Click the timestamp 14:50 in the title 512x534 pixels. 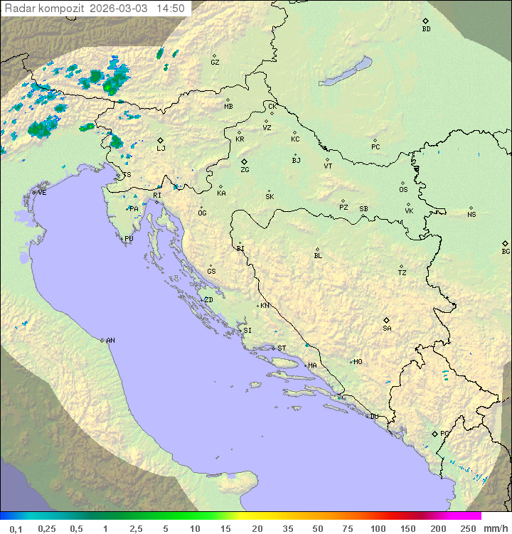[171, 9]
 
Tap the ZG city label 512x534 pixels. [245, 170]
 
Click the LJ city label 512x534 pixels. [161, 148]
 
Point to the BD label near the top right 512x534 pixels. [426, 29]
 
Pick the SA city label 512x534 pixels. [387, 329]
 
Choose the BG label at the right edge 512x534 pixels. [506, 251]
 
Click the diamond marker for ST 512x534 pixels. [273, 348]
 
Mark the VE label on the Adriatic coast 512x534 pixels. [42, 193]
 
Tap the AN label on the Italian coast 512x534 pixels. [110, 341]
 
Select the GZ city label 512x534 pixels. [215, 63]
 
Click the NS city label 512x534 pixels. [471, 215]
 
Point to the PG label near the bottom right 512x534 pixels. [444, 433]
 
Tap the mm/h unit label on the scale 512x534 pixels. [495, 528]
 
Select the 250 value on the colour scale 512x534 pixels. [468, 528]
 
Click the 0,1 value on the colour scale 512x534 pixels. [16, 528]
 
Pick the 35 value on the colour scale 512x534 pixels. [288, 528]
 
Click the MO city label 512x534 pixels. [358, 362]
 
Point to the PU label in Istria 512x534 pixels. [129, 239]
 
